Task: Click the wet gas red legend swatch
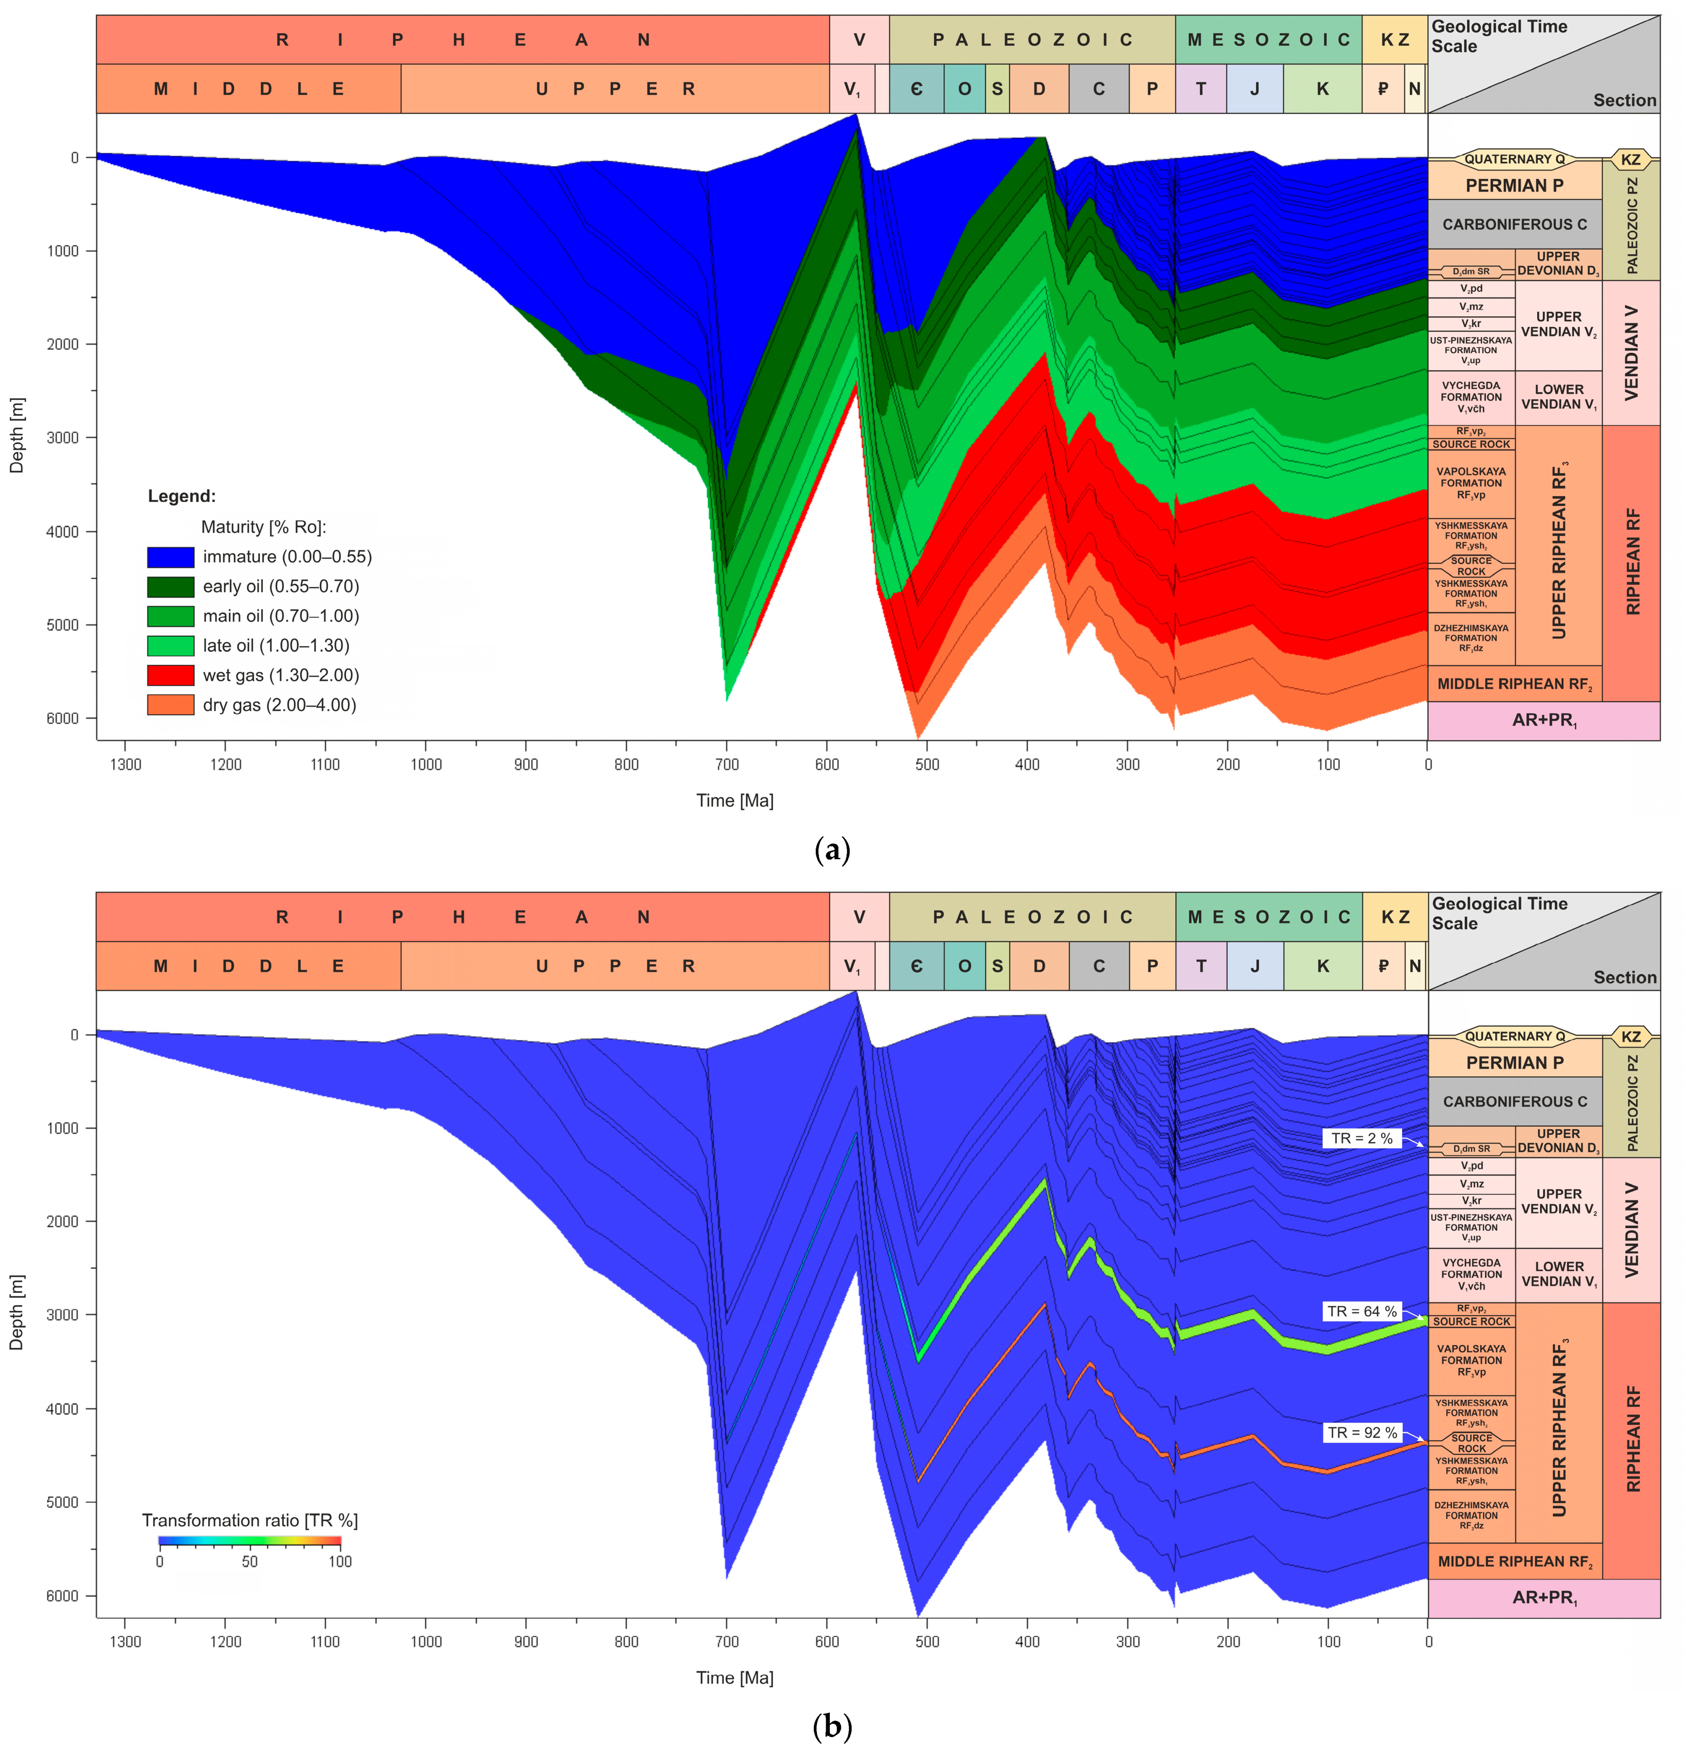(170, 675)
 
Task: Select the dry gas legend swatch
(170, 705)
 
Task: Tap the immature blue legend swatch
(170, 557)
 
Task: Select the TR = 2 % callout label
(1361, 1138)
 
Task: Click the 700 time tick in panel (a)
(727, 764)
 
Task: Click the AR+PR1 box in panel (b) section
(1543, 1597)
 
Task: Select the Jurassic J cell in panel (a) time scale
(1254, 88)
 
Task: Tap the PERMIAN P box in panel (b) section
(1514, 1063)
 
